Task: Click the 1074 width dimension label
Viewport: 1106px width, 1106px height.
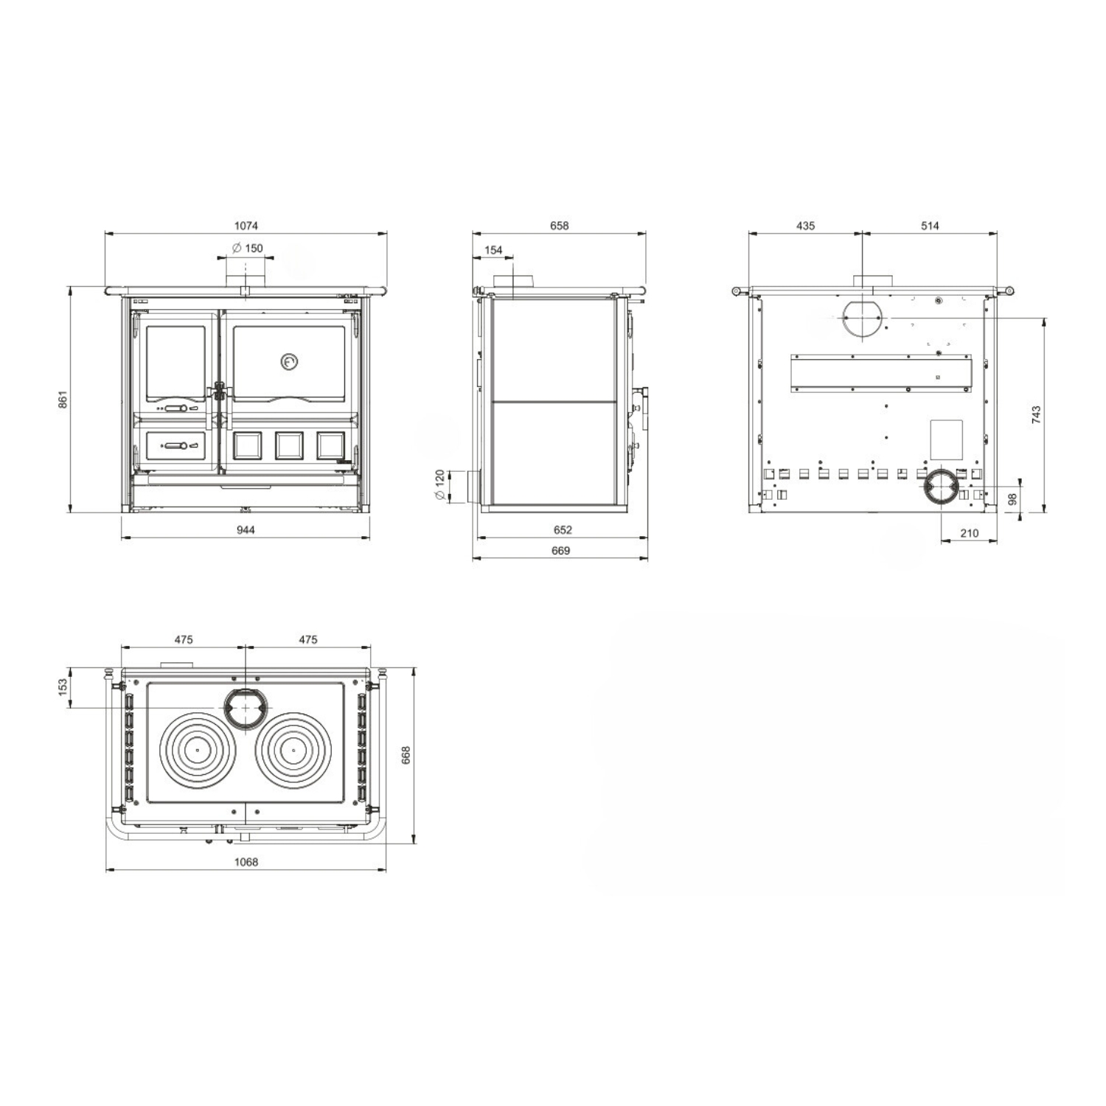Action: pyautogui.click(x=246, y=226)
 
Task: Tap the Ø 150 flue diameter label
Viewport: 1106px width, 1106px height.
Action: pyautogui.click(x=248, y=248)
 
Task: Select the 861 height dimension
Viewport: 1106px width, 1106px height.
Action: pyautogui.click(x=63, y=400)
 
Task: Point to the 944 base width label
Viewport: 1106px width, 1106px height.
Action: pyautogui.click(x=246, y=529)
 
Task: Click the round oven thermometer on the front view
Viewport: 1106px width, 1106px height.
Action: pyautogui.click(x=290, y=361)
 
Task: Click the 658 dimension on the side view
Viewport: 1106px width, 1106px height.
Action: pyautogui.click(x=560, y=226)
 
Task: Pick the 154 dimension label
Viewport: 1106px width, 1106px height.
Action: pyautogui.click(x=493, y=250)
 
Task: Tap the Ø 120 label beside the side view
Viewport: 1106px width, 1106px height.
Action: pyautogui.click(x=440, y=486)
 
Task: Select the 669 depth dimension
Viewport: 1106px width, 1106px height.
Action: pyautogui.click(x=560, y=550)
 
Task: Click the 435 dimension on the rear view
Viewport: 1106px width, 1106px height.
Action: pyautogui.click(x=806, y=226)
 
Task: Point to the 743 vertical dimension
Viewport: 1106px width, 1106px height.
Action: pyautogui.click(x=1036, y=414)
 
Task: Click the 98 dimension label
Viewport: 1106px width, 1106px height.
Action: pyautogui.click(x=1012, y=499)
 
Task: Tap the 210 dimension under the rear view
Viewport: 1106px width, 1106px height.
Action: pyautogui.click(x=970, y=533)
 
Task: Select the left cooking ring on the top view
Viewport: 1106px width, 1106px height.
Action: pyautogui.click(x=198, y=751)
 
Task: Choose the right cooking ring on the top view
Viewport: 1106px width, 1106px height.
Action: pyautogui.click(x=293, y=751)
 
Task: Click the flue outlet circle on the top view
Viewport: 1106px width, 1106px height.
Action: pyautogui.click(x=245, y=707)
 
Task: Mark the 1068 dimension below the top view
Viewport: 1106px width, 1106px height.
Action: pyautogui.click(x=246, y=861)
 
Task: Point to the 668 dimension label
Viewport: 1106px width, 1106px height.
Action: pyautogui.click(x=406, y=755)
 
